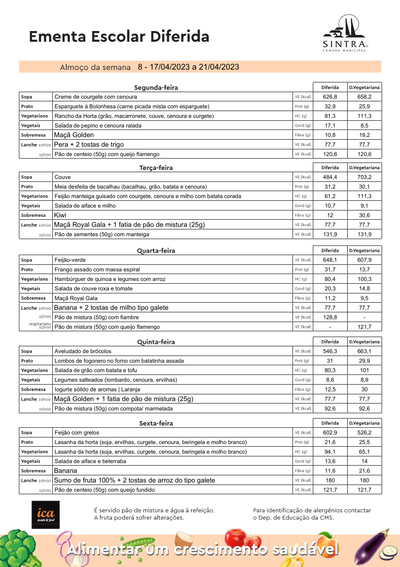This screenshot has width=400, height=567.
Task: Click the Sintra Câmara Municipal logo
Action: [x=345, y=34]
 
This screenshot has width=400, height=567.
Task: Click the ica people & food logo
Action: [x=46, y=515]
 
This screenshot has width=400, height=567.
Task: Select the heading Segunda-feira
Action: [x=156, y=88]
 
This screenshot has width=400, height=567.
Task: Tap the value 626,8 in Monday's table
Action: [x=330, y=97]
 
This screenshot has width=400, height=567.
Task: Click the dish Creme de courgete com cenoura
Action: [x=96, y=97]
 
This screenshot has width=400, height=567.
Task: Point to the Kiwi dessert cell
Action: [x=61, y=215]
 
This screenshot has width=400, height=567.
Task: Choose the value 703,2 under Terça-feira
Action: [x=364, y=177]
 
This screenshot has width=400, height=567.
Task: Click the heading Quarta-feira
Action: [x=156, y=251]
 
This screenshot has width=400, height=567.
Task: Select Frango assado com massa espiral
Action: [x=97, y=269]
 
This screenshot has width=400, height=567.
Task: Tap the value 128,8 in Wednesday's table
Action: [x=330, y=317]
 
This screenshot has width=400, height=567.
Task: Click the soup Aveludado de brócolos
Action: [x=83, y=351]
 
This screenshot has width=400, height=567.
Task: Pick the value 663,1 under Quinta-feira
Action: [x=364, y=351]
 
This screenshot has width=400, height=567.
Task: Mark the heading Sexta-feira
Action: [x=156, y=423]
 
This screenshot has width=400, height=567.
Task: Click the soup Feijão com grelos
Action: [x=78, y=432]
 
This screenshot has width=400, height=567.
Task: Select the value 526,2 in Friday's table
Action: [x=364, y=432]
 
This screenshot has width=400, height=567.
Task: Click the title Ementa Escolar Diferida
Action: [x=119, y=36]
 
